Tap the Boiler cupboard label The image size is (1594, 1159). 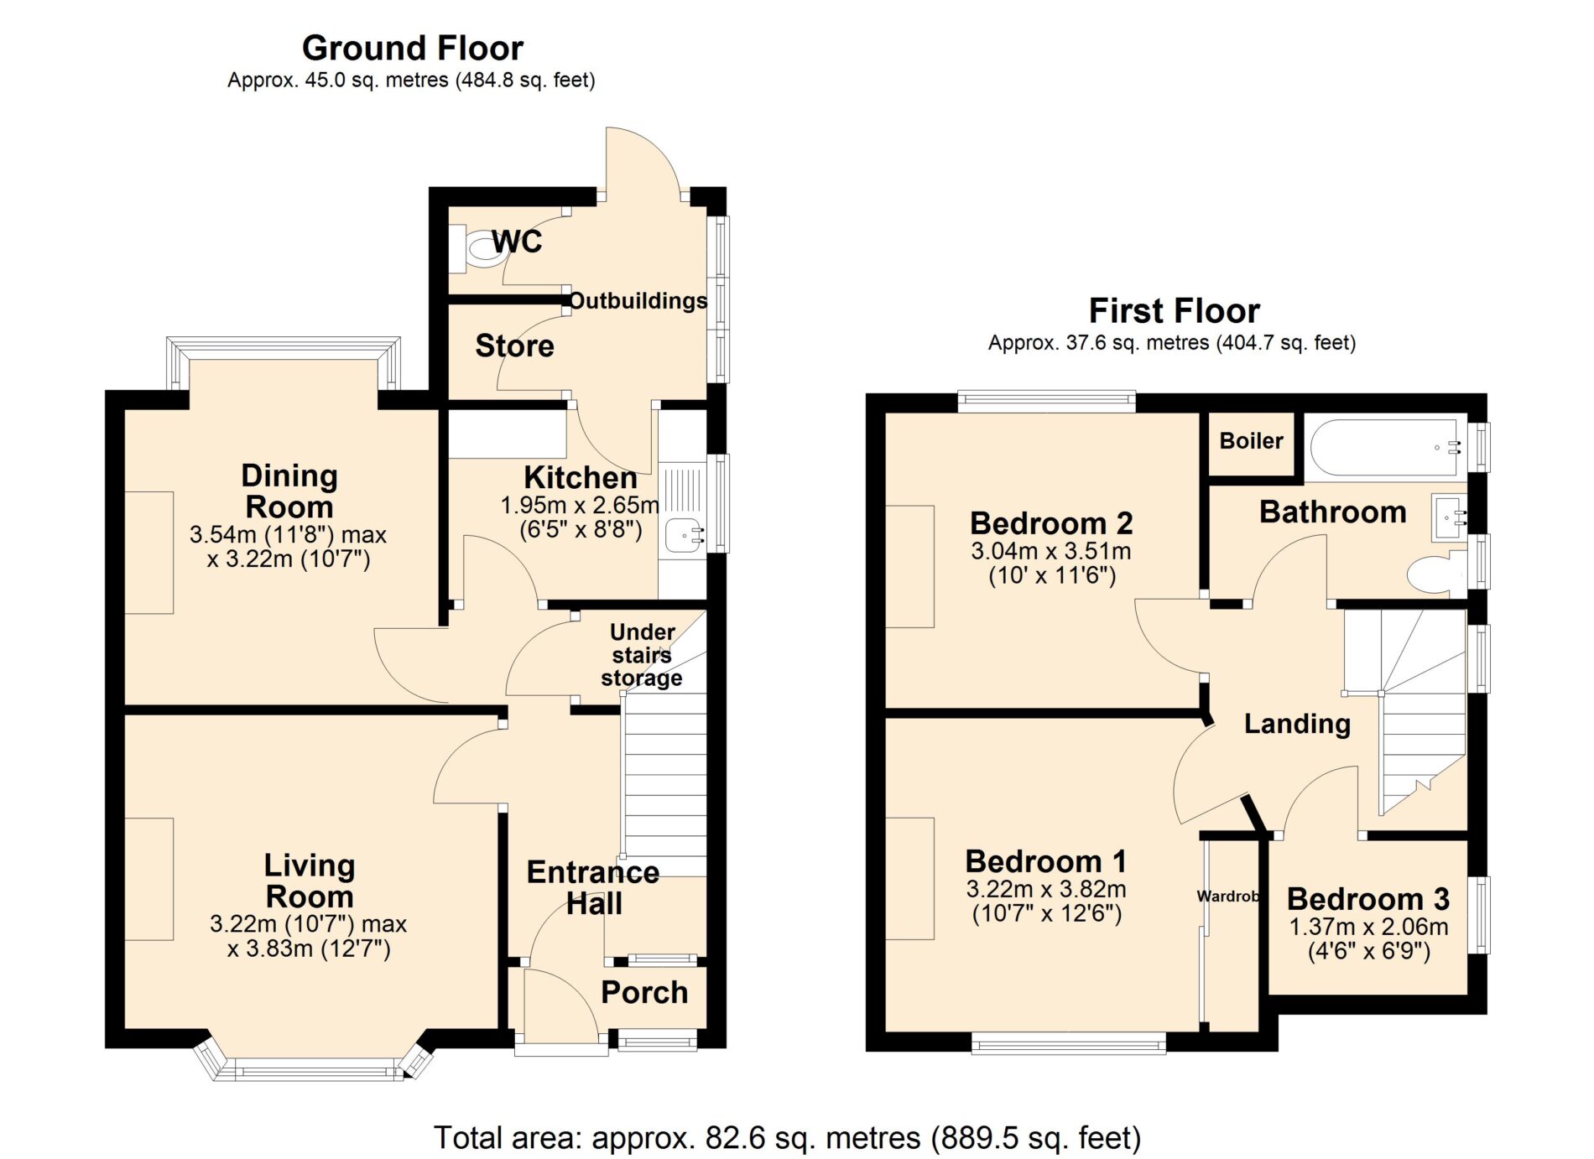[1251, 441]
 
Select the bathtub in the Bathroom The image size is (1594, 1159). [1388, 447]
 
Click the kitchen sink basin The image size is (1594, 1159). [684, 535]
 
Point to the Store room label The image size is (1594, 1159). [514, 346]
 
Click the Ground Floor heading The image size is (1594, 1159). [413, 49]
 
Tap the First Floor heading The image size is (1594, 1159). [1174, 311]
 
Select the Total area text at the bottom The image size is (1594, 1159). [787, 1138]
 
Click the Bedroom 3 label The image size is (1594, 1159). [1368, 899]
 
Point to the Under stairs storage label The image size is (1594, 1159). [642, 655]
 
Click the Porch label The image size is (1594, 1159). [644, 992]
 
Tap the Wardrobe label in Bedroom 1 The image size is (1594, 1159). [1228, 897]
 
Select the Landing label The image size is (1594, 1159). [1297, 724]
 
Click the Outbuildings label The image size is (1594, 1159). [638, 301]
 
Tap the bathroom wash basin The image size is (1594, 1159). [1450, 518]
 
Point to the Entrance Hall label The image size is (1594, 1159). [593, 888]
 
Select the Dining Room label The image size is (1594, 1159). [289, 491]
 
